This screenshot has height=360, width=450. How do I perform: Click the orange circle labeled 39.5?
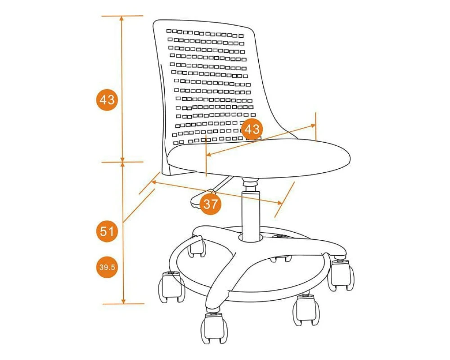107,267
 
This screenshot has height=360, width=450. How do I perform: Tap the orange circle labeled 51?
107,231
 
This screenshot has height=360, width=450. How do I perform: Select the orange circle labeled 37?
210,204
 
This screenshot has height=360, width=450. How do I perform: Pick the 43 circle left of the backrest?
107,100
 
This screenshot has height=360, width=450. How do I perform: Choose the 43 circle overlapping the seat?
252,129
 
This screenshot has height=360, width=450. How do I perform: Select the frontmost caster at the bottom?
213,327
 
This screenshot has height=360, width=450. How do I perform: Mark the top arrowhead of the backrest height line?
122,18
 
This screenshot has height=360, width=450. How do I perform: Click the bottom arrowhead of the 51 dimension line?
123,301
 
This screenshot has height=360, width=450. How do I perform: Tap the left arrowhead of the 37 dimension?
154,182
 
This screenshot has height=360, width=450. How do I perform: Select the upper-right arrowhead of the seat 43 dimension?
313,126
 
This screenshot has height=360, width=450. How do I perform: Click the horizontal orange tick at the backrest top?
122,16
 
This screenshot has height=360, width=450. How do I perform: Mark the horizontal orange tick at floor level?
123,304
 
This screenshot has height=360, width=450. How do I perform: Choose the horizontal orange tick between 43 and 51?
122,162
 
